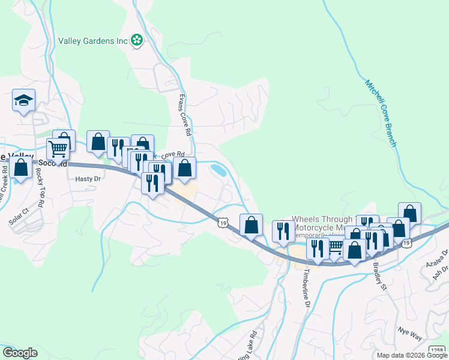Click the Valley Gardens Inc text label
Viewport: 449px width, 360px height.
tap(94, 41)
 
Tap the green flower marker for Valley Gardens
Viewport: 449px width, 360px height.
tap(137, 40)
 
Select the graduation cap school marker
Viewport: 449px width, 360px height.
tap(23, 100)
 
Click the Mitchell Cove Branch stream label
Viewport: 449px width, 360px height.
tap(381, 112)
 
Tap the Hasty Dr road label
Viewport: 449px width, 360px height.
tap(87, 179)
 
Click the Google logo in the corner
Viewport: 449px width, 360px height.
tap(19, 352)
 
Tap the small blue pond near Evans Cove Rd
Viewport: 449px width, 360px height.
tap(218, 170)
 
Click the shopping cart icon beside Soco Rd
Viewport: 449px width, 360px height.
tap(58, 148)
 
